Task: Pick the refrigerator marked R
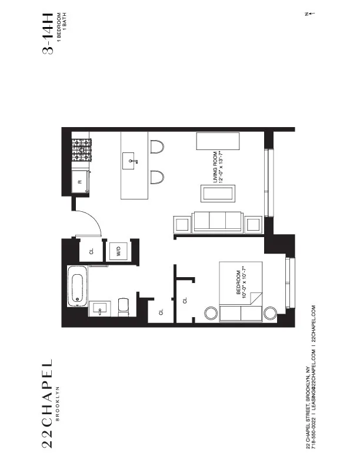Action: pos(81,182)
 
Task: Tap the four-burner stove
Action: pos(81,150)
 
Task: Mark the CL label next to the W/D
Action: pos(91,251)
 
